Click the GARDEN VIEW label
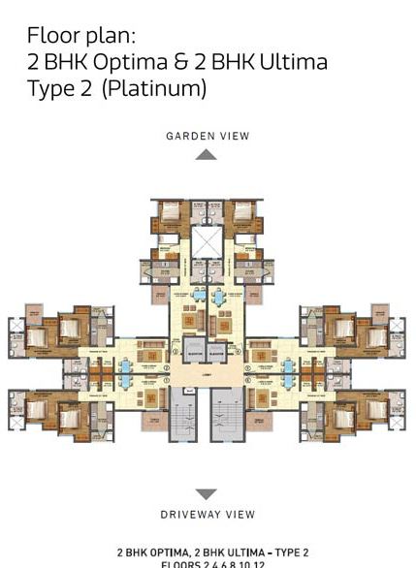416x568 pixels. point(207,137)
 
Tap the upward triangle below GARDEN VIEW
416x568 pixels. point(207,154)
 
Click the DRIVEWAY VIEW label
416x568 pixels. point(208,514)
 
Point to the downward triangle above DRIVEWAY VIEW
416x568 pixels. point(207,494)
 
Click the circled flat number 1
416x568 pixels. point(167,381)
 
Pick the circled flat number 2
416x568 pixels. point(167,368)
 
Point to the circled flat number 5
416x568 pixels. point(248,368)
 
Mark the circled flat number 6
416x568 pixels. point(248,381)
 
